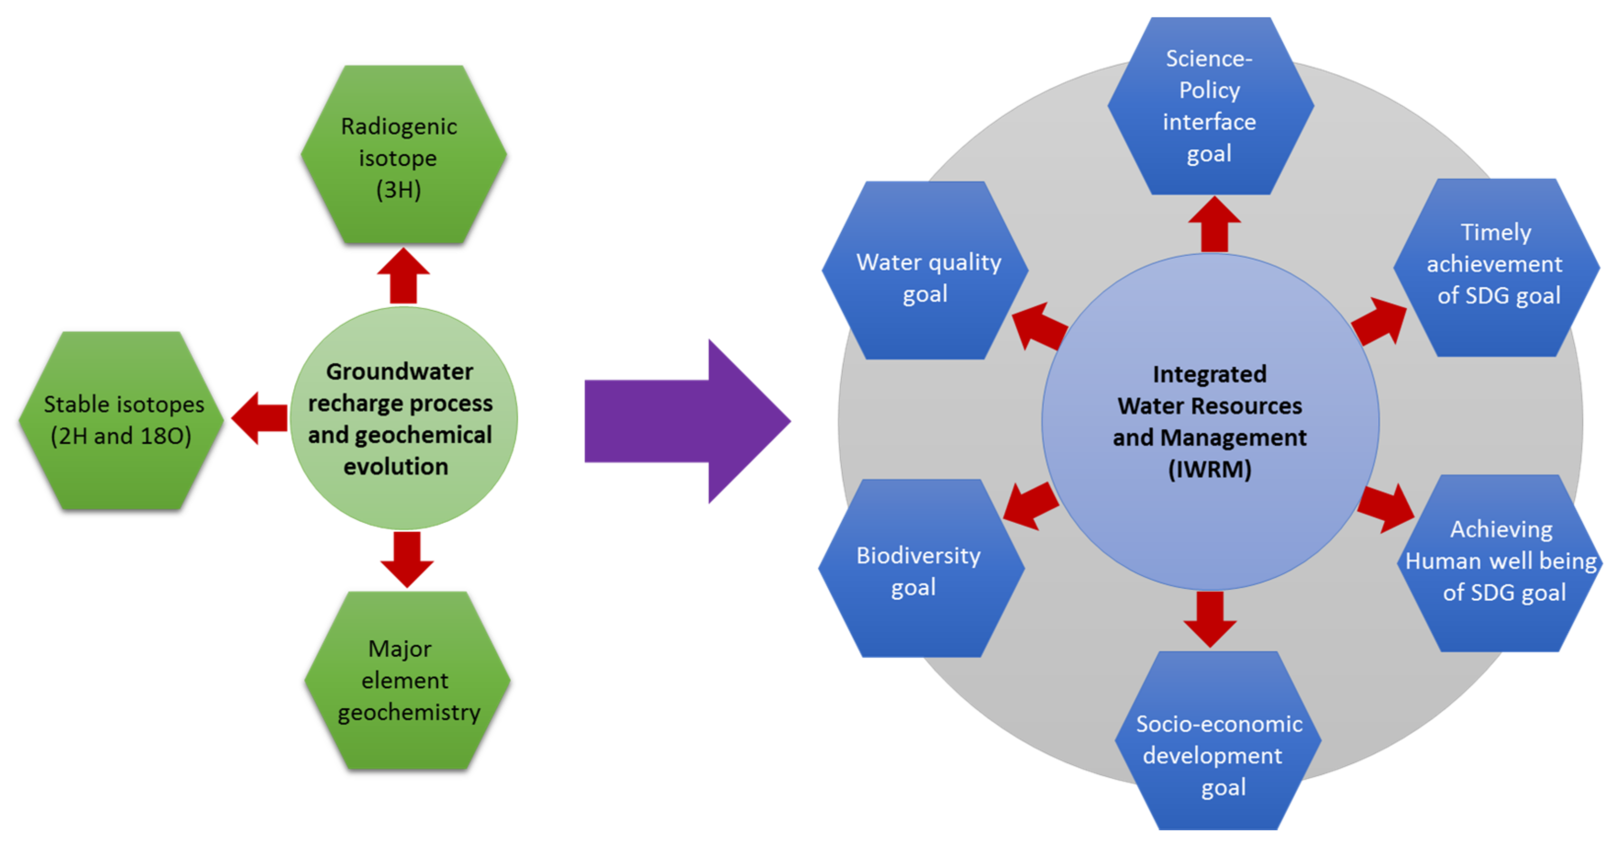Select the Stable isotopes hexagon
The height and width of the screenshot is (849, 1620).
point(122,420)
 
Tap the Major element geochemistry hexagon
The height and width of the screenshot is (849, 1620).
point(407,681)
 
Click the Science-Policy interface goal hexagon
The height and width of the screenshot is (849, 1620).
point(1210,106)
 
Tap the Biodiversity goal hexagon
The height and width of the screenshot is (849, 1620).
point(920,569)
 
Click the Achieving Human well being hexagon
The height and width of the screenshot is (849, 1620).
point(1501,564)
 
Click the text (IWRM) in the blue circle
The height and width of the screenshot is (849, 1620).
point(1209,470)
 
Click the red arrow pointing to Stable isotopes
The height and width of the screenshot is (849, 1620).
point(260,418)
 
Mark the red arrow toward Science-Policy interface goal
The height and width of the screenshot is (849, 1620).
point(1214,224)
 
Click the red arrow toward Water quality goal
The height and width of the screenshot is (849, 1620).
point(1039,326)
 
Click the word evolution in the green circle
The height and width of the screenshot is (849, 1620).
point(396,467)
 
